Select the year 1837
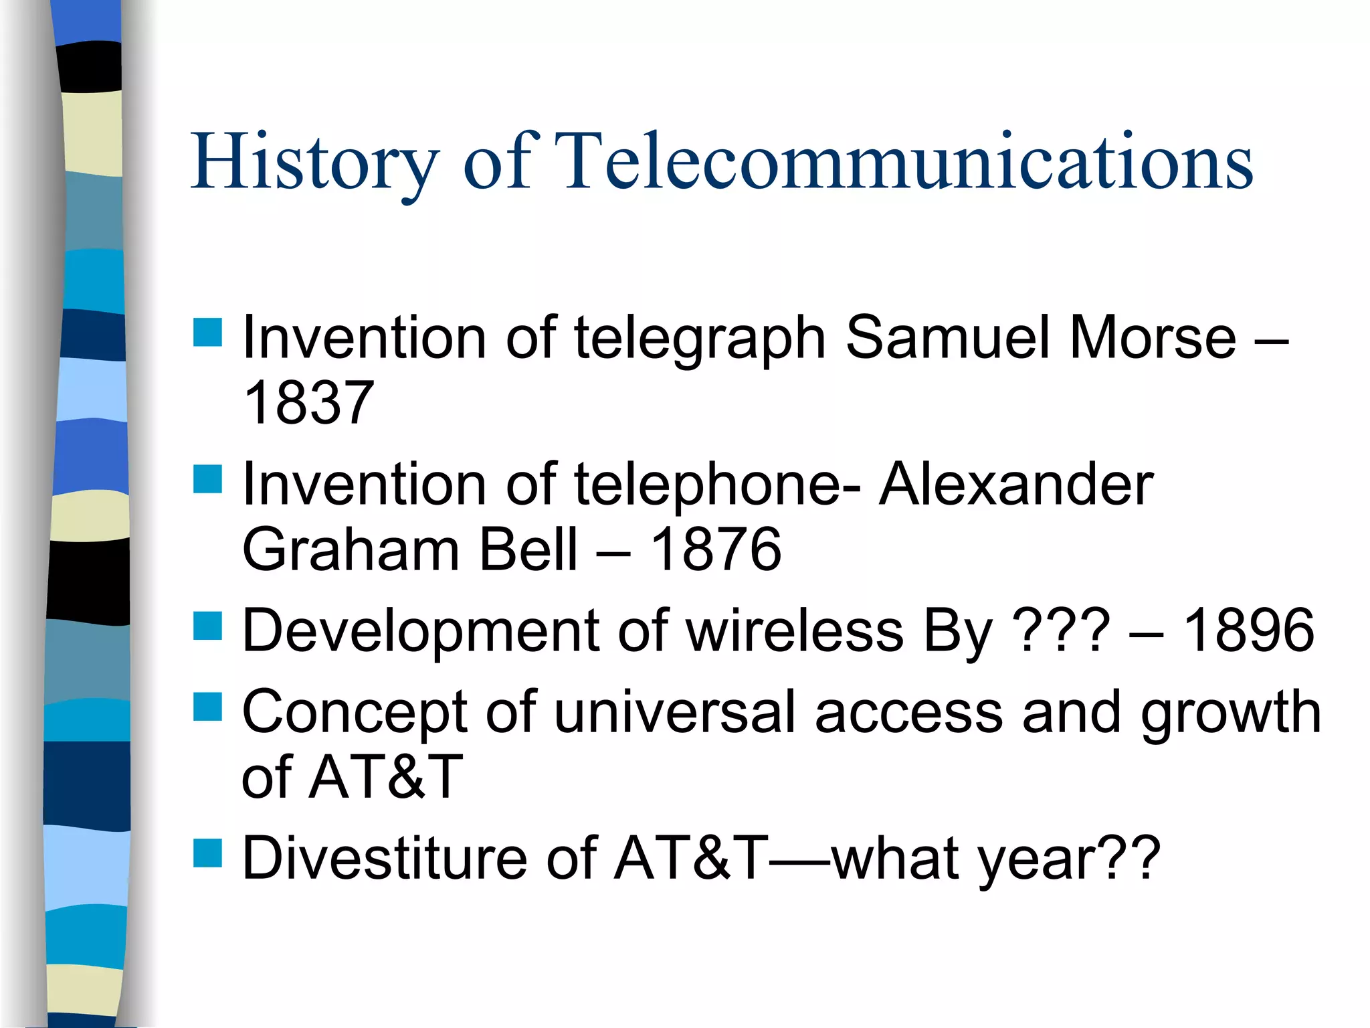click(x=308, y=403)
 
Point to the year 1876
click(x=715, y=549)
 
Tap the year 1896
click(x=1248, y=630)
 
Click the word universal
click(x=675, y=712)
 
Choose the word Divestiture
click(x=385, y=858)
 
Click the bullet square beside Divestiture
click(x=207, y=853)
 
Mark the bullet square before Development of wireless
click(x=207, y=626)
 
